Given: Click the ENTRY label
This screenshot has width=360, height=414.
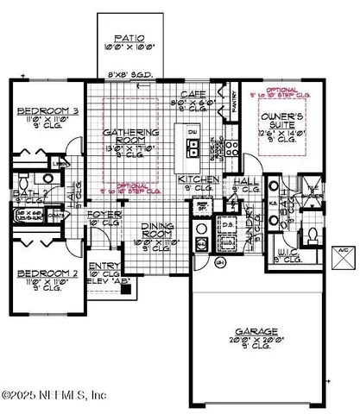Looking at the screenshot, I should pos(106,267).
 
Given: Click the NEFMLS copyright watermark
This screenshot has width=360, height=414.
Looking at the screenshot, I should pos(54,395).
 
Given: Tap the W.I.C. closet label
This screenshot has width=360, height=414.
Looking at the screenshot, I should pos(281,254).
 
